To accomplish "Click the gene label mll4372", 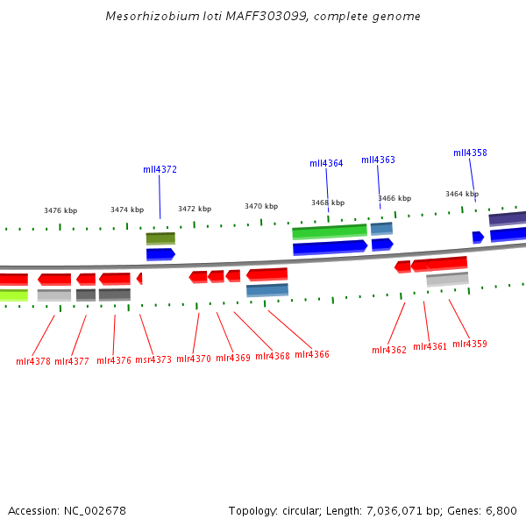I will [x=160, y=169].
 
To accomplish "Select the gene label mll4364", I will [x=326, y=163].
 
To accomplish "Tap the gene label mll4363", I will [x=378, y=160].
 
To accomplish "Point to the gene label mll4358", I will [x=470, y=153].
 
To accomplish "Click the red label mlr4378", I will [x=33, y=361].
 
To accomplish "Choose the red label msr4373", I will [x=153, y=359].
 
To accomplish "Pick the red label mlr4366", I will [x=312, y=354].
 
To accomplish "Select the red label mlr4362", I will [x=389, y=350].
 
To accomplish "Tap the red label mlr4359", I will [x=470, y=345].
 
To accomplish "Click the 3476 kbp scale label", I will [x=60, y=210].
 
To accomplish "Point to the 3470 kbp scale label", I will [x=261, y=206].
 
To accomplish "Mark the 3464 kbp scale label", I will [x=462, y=194].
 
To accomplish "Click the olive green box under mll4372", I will [x=160, y=238].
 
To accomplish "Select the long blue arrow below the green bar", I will [x=330, y=248].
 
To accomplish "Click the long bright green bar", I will [x=330, y=231].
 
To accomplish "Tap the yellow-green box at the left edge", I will [x=13, y=295].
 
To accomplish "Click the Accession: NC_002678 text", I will [x=67, y=510].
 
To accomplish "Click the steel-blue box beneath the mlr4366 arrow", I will [x=267, y=290].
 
